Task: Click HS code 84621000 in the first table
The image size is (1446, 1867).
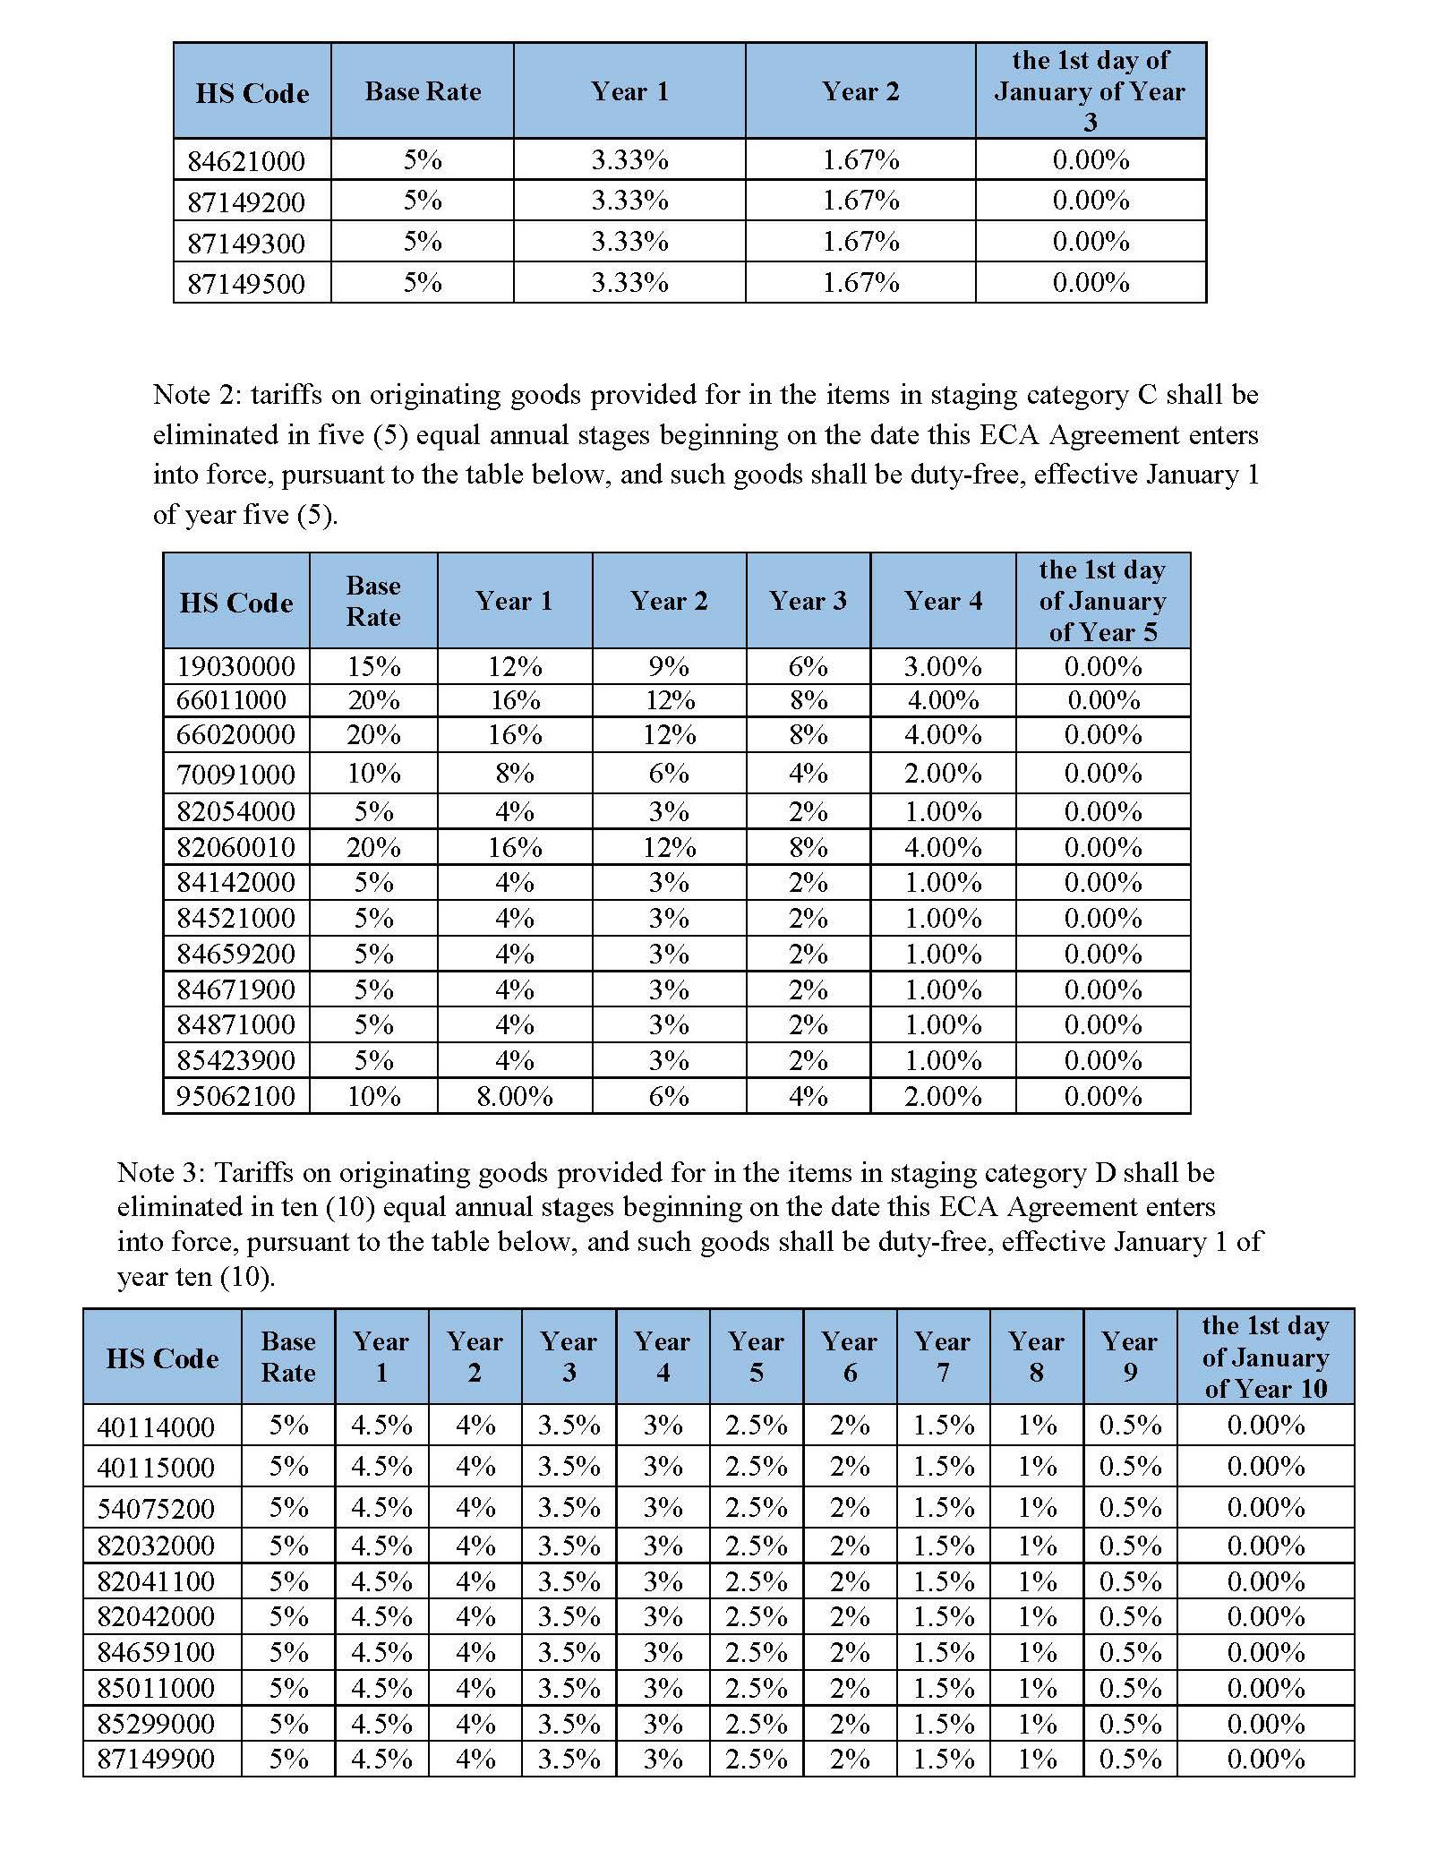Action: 246,161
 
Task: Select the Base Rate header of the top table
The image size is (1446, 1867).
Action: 423,91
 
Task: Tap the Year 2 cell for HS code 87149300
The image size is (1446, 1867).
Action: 860,242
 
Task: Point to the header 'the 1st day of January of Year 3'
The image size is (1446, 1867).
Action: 1090,91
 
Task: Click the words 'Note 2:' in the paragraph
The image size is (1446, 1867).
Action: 198,395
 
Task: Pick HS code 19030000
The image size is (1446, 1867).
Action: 235,667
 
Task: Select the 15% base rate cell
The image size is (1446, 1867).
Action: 373,667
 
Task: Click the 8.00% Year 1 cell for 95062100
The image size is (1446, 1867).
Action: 515,1097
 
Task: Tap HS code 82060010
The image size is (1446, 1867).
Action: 235,847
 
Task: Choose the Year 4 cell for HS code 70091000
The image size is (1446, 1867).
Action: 943,774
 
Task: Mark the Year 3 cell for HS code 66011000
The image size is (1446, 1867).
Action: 808,700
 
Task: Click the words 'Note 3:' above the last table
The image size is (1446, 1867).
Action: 162,1173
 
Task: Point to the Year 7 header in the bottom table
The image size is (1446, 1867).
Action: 943,1357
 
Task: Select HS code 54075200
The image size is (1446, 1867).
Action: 156,1509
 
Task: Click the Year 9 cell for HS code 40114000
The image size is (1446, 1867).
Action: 1130,1426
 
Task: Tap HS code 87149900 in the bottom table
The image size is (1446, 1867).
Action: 156,1760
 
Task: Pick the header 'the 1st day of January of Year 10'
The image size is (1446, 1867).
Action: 1265,1357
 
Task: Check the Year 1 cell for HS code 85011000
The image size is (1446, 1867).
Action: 381,1688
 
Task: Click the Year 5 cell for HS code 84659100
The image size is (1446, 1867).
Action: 757,1652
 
